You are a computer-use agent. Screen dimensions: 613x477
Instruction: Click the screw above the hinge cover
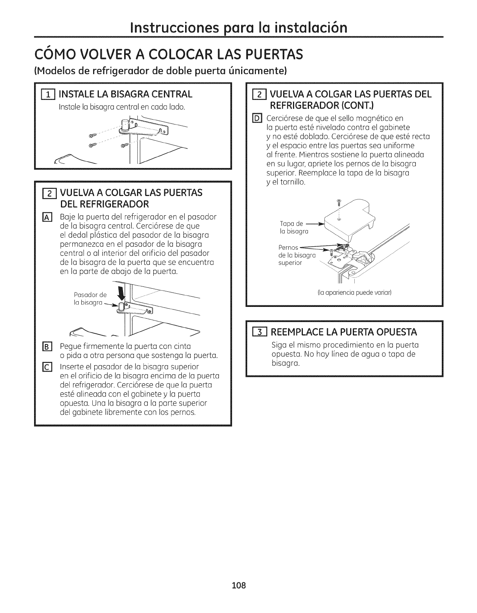(x=339, y=202)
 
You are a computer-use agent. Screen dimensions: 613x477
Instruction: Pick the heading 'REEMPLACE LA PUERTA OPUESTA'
(x=344, y=332)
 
